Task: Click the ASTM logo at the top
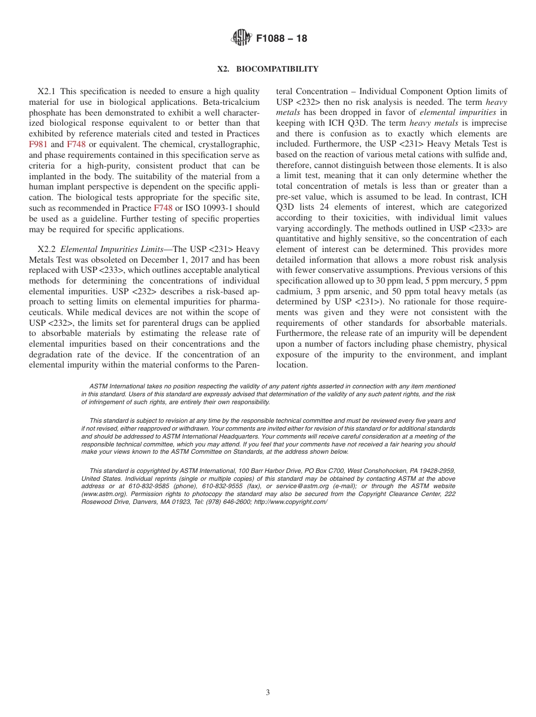click(241, 38)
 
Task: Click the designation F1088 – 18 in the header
click(282, 39)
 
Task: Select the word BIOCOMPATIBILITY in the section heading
click(277, 69)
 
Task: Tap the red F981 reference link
click(38, 144)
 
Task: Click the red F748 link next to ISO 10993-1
click(163, 208)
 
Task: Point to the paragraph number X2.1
click(47, 91)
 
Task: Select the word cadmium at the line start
click(292, 292)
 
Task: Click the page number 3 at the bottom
click(268, 693)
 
